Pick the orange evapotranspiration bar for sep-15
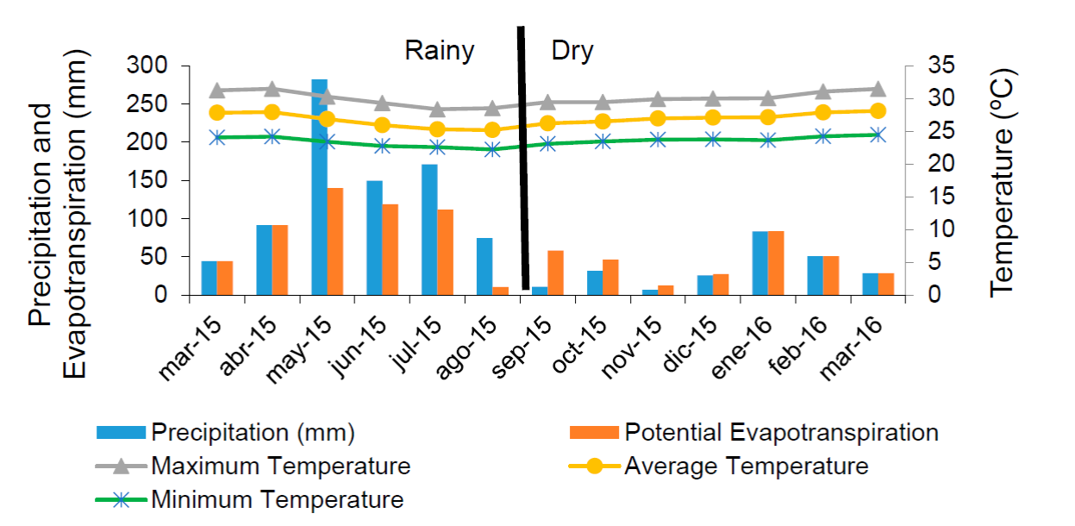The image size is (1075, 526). [555, 273]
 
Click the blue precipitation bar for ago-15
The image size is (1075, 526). [484, 266]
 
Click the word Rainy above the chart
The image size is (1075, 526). [440, 51]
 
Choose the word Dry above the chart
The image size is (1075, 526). [572, 51]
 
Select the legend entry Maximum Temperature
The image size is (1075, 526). [281, 467]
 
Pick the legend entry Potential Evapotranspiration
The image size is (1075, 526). [781, 431]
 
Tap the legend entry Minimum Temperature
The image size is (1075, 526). [277, 499]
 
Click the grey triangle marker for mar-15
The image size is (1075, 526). [217, 91]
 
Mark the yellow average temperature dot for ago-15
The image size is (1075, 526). [492, 130]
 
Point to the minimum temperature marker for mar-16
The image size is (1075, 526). [878, 135]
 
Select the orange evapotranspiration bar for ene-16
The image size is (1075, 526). [776, 263]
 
